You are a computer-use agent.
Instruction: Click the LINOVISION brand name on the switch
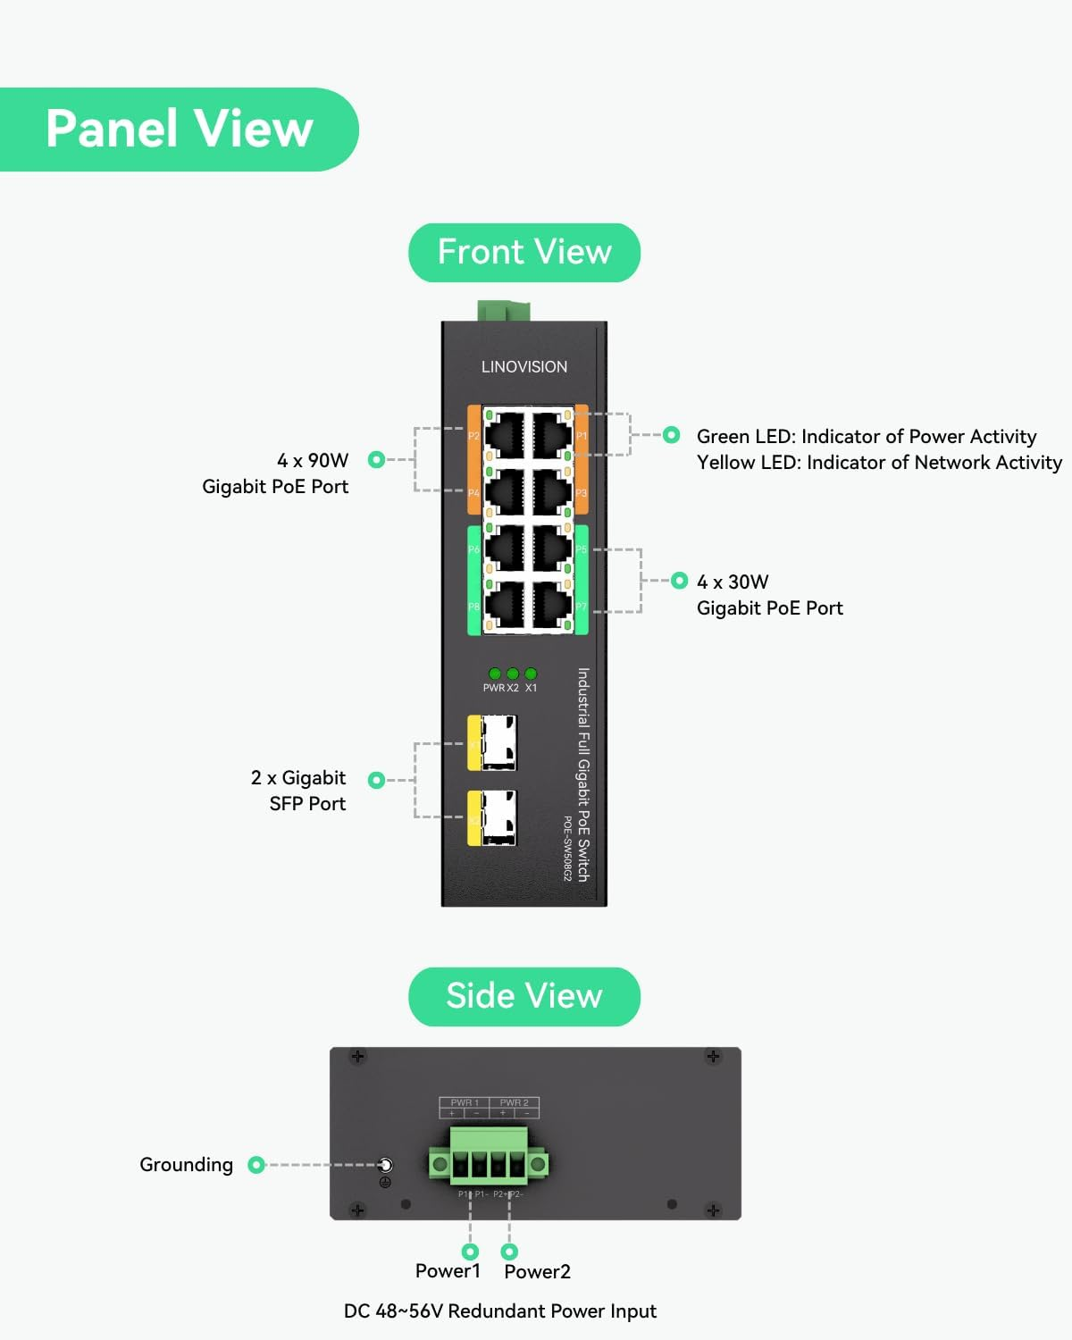coord(524,367)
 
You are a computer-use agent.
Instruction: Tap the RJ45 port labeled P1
coord(552,435)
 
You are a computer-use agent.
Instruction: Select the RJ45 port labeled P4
coord(505,491)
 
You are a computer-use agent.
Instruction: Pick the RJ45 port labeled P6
coord(505,549)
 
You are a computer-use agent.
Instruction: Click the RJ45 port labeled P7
coord(552,606)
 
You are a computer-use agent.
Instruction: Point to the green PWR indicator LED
coord(495,674)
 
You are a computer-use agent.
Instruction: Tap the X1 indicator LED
coord(531,674)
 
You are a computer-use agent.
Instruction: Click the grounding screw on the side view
coord(385,1165)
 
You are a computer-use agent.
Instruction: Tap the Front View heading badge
coord(524,253)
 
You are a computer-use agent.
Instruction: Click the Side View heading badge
coord(524,996)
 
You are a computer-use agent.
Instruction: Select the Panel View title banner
coord(179,130)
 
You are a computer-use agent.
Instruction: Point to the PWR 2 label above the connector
coord(514,1102)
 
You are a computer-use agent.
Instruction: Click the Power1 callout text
coord(448,1271)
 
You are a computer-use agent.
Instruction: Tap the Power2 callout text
coord(537,1272)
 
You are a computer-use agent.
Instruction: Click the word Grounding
coord(186,1165)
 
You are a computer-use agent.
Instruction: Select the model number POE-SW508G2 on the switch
coord(567,848)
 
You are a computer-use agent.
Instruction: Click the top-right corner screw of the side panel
coord(713,1057)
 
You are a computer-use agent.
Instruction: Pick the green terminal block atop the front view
coord(504,311)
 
